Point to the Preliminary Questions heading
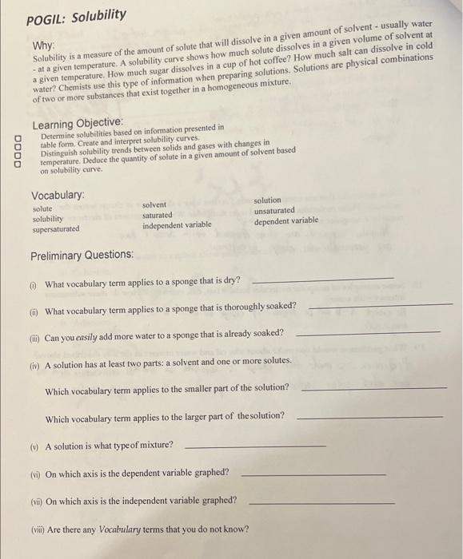82,255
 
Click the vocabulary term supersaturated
56,228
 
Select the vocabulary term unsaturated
274,210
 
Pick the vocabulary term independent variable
177,225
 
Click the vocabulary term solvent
154,205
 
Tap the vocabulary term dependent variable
285,220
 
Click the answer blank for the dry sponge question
322,279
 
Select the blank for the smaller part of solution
377,387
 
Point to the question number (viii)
38,529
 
